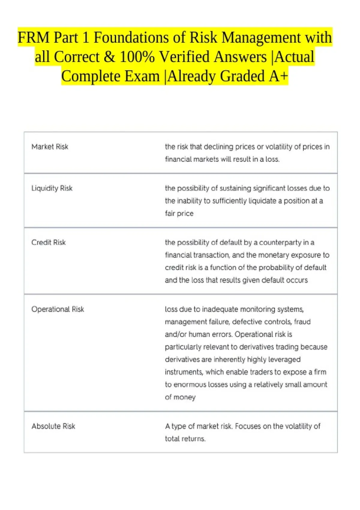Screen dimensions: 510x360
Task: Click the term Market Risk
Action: [50, 147]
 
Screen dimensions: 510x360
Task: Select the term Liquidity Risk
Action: [52, 188]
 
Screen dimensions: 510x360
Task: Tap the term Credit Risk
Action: [49, 242]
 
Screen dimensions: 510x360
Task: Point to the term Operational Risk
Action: [58, 309]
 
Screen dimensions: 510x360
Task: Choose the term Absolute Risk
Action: [53, 426]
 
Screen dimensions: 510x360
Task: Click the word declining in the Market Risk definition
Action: [218, 147]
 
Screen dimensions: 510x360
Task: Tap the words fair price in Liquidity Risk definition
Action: [179, 213]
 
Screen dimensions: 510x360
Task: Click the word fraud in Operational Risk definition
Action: [302, 322]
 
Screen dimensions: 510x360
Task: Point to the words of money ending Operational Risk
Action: [180, 397]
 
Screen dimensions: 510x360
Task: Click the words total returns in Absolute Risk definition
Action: [185, 439]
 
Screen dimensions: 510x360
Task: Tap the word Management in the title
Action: [261, 38]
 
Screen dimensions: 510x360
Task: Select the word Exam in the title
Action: [142, 76]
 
